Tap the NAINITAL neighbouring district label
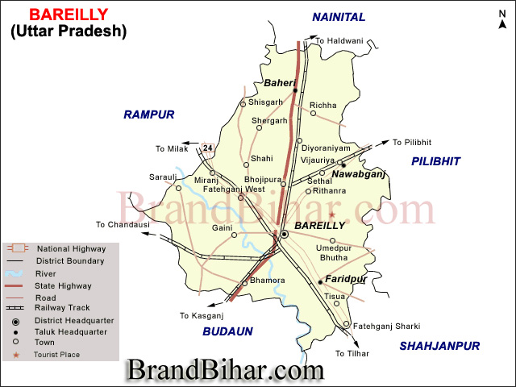coord(339,17)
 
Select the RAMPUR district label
coord(149,114)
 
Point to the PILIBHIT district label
coord(435,162)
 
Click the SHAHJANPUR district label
coord(440,346)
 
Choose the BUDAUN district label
coord(228,331)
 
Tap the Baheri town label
coord(280,83)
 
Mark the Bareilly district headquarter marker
coord(284,234)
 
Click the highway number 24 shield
coord(208,148)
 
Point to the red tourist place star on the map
coord(331,214)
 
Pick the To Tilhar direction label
coord(352,353)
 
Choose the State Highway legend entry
coord(64,285)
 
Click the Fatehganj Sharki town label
coord(387,326)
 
